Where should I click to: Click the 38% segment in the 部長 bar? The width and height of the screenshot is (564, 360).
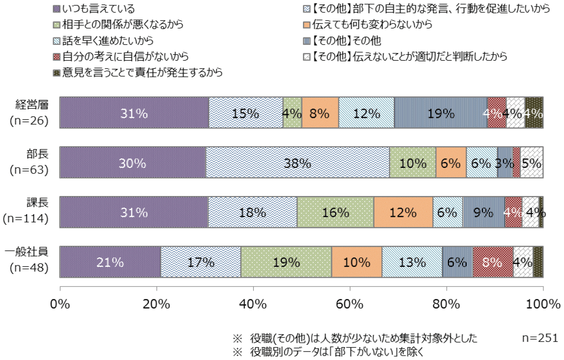298,163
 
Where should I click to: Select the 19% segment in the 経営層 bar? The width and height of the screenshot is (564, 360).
441,113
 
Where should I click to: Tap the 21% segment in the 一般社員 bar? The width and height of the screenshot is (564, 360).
110,262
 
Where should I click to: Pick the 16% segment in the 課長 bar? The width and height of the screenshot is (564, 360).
335,212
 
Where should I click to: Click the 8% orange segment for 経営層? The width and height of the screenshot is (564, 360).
320,113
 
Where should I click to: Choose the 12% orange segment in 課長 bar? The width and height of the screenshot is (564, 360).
403,212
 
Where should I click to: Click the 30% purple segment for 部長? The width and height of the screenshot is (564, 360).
133,163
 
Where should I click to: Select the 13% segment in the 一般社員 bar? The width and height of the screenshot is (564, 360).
412,262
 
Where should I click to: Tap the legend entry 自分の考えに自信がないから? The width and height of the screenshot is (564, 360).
121,56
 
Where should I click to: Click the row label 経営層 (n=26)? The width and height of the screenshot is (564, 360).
30,113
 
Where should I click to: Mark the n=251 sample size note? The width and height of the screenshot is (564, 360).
540,338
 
